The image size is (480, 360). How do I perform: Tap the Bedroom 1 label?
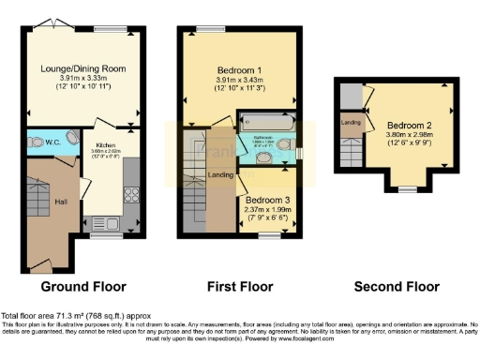click(236, 71)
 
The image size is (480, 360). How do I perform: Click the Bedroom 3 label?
click(268, 199)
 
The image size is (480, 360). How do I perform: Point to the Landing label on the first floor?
click(220, 173)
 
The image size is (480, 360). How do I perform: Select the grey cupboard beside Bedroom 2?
click(349, 96)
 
